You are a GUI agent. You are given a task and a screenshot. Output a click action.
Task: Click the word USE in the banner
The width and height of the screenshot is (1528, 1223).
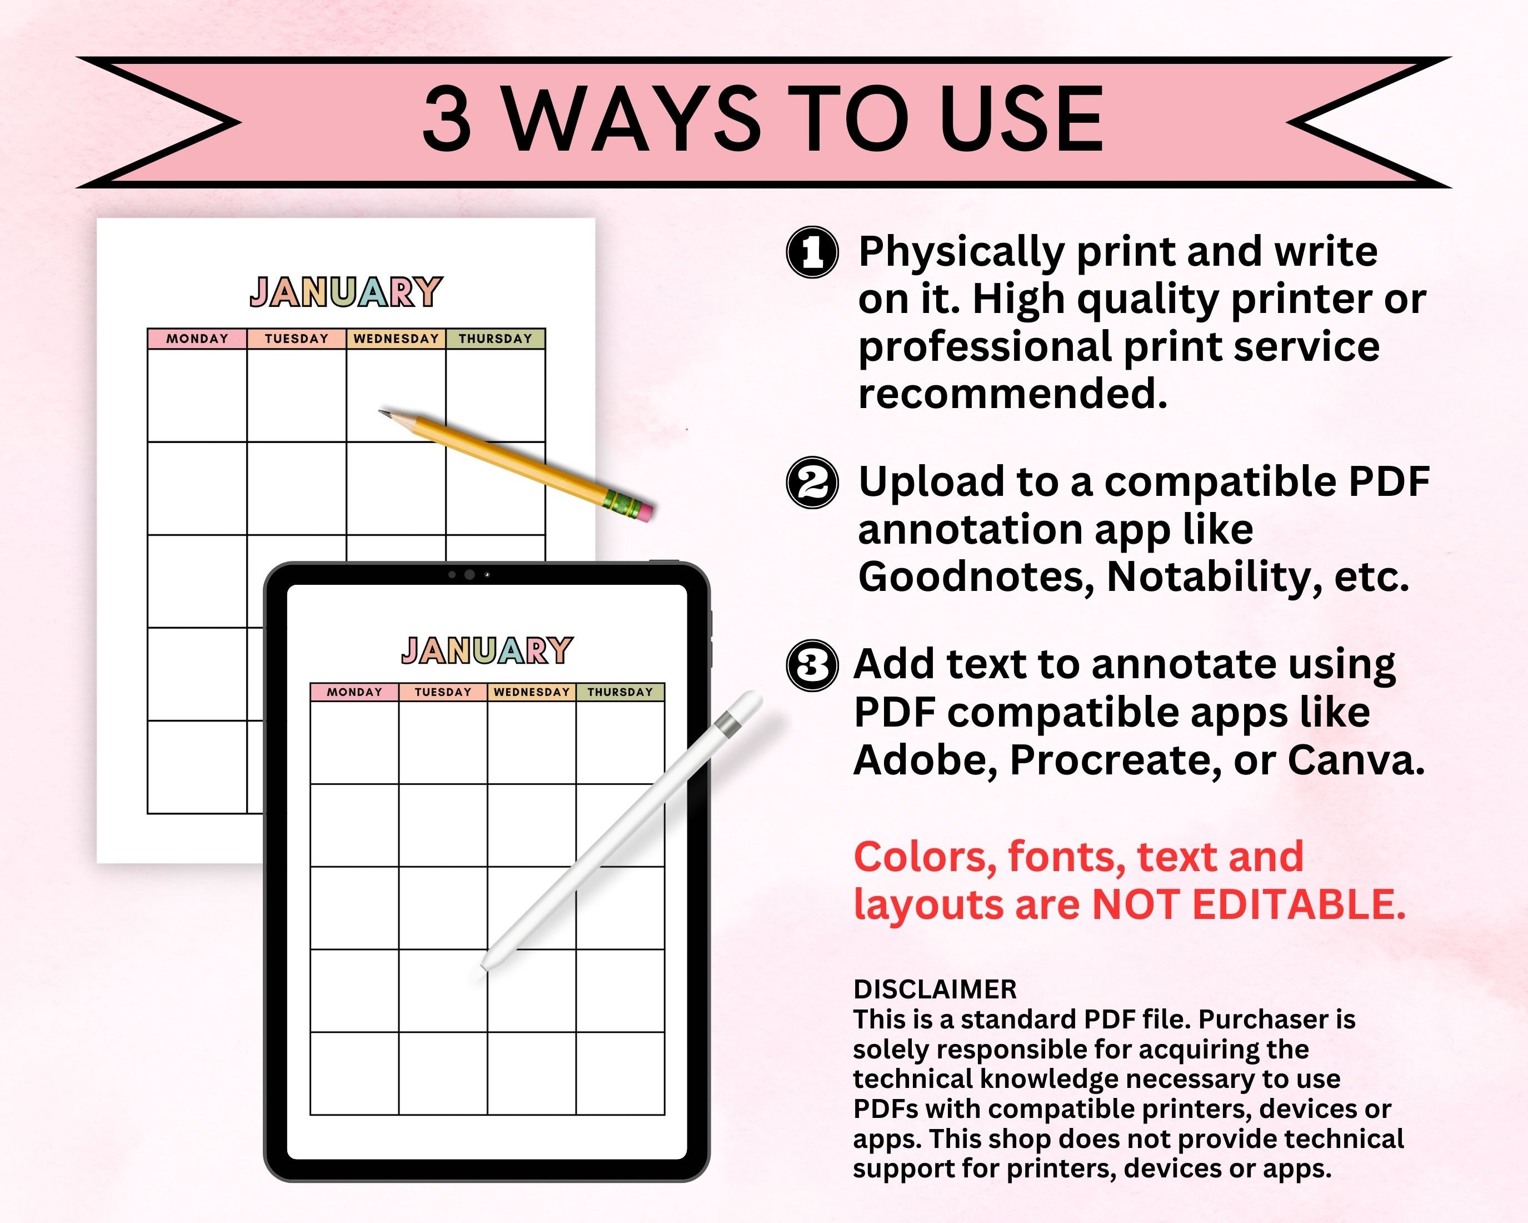[x=1021, y=119]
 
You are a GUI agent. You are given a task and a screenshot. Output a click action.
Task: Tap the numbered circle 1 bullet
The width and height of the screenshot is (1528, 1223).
[x=812, y=252]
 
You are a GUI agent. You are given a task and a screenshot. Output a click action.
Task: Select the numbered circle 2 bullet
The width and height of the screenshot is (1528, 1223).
[x=812, y=482]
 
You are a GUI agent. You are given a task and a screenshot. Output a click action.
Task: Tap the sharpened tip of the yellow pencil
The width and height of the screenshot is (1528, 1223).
[x=383, y=412]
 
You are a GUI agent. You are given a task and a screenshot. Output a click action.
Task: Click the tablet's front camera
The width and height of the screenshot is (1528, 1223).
[x=469, y=574]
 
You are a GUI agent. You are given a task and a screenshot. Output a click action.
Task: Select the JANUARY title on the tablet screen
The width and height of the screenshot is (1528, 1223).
[x=487, y=651]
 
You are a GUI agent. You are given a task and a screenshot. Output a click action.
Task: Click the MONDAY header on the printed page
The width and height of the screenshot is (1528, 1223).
[x=197, y=339]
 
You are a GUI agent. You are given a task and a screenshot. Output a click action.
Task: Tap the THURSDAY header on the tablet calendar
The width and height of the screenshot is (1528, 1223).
[x=620, y=692]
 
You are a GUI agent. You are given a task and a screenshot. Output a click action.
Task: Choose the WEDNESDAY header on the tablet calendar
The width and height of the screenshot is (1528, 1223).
[x=532, y=692]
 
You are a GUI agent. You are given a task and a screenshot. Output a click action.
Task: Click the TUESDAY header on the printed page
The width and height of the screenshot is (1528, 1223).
[x=296, y=339]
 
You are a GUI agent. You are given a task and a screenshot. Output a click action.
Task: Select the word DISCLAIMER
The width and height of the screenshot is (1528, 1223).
[x=935, y=989]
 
